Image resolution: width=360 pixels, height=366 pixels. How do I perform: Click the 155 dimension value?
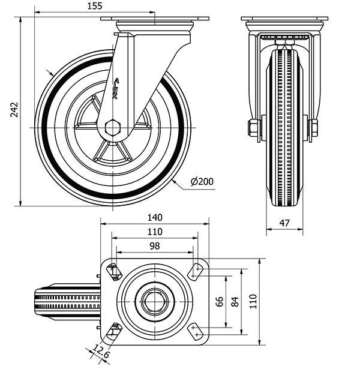94,6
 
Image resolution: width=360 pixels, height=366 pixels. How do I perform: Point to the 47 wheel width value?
284,223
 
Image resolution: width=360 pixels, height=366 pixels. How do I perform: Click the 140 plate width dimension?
155,217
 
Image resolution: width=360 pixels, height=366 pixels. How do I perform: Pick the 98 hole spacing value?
155,246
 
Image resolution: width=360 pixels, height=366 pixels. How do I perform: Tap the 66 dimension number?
220,302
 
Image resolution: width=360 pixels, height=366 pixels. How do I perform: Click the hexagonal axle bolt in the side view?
112,128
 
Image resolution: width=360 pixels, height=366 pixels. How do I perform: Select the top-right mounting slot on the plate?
197,271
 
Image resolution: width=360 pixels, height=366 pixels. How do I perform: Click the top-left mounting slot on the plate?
114,271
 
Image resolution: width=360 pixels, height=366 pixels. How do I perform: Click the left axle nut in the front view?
253,128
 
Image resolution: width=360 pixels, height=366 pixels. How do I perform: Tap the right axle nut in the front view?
314,128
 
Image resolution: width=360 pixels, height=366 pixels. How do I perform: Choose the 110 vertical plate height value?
254,302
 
